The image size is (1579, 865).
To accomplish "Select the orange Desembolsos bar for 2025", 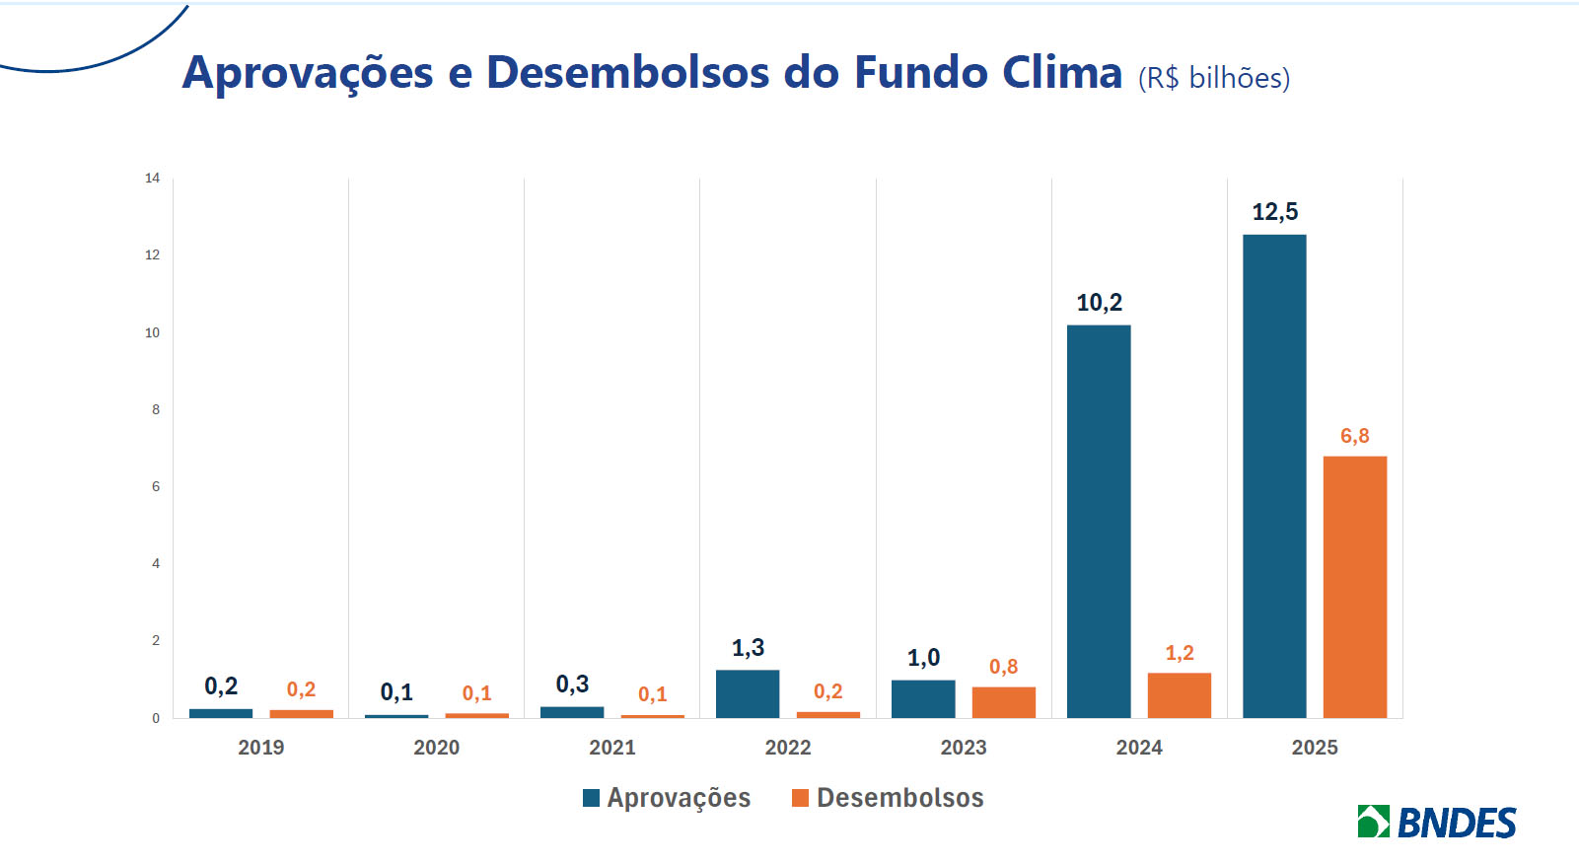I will (x=1354, y=586).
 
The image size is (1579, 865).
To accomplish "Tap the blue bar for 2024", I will (x=1099, y=521).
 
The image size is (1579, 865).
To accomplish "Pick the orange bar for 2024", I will (x=1179, y=694).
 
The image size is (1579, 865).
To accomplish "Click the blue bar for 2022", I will (x=748, y=693).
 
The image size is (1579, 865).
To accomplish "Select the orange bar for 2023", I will (x=1003, y=701).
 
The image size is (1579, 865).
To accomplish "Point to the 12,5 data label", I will (x=1274, y=212).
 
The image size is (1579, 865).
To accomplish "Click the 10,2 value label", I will (x=1099, y=303).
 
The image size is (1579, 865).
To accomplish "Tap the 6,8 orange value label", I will (x=1354, y=436).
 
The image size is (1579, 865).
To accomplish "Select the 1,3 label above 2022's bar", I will (x=748, y=648).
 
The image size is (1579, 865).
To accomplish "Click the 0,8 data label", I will (x=1003, y=667).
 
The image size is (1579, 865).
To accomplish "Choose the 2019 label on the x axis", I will (x=260, y=748).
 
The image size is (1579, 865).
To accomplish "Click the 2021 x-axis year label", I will (x=611, y=748).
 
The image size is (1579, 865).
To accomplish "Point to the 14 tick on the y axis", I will (x=152, y=179).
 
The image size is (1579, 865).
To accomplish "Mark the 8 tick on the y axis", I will (x=156, y=409).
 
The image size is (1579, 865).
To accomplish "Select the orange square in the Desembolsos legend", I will (x=800, y=798).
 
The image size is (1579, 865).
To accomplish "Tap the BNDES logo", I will (x=1436, y=823).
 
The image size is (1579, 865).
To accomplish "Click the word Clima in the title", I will (x=1061, y=73).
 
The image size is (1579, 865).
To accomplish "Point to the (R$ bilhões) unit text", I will (x=1213, y=78).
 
